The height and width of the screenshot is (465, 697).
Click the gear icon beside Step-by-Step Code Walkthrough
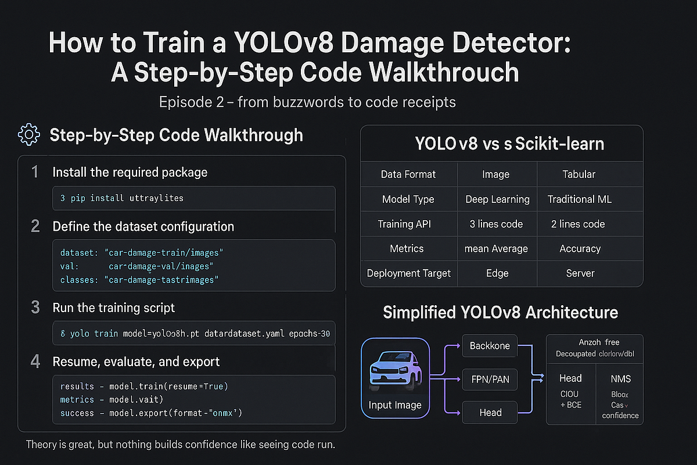(x=29, y=135)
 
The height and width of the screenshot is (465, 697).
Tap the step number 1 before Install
(x=35, y=172)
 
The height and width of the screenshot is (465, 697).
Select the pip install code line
(x=122, y=198)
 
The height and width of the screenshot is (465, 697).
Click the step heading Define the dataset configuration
(x=143, y=226)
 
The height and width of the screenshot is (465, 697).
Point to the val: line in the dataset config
(x=137, y=266)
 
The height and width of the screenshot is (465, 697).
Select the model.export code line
(x=151, y=413)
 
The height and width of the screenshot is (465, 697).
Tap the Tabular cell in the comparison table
(x=579, y=174)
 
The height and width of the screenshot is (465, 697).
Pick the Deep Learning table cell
(x=497, y=199)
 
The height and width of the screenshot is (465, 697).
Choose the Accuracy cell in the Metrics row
(x=580, y=249)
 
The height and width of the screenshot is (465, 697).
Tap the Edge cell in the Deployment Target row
(x=497, y=273)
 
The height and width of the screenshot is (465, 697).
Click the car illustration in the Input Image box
(x=395, y=370)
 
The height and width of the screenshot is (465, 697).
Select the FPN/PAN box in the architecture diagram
(x=490, y=379)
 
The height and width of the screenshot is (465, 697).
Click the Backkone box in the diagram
(x=490, y=346)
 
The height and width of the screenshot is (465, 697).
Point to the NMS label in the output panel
(x=620, y=379)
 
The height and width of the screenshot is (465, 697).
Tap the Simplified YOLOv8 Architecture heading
(x=500, y=313)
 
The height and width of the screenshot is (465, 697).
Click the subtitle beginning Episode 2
(x=307, y=102)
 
